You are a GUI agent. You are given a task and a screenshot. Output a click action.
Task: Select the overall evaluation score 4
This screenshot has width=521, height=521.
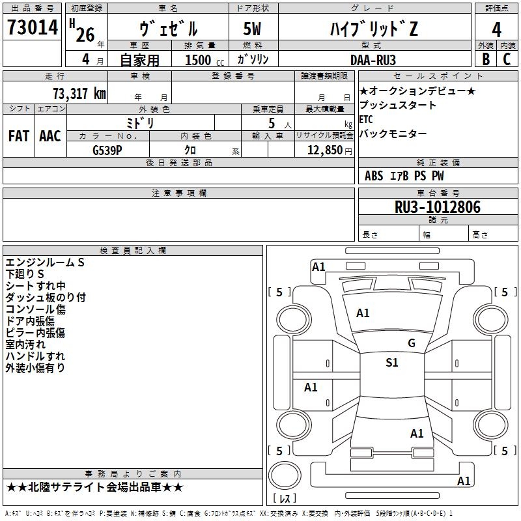point(496,29)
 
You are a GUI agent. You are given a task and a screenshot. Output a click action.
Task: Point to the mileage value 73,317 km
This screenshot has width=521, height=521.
point(79,93)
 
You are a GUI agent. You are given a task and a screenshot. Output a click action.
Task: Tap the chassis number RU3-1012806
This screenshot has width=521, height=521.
point(438,207)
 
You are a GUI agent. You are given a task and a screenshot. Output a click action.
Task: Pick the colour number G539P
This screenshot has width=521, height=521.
point(107,150)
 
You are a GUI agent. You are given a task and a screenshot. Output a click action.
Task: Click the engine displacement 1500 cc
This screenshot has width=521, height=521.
point(198,60)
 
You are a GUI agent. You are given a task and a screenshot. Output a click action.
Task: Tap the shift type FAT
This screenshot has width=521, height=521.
point(19,136)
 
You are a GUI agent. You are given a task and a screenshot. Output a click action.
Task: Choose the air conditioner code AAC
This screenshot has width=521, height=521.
point(50,136)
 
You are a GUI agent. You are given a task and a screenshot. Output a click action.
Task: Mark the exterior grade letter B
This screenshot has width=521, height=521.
point(485,59)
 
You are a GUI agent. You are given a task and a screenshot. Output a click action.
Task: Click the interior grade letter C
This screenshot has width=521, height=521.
point(507,59)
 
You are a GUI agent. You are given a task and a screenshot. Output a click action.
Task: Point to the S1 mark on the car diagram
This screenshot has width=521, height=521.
point(391,363)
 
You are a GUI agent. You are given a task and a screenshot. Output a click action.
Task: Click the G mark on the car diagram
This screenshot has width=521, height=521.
point(411,343)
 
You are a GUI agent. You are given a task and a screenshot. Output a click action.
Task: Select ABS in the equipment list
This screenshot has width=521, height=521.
point(374,176)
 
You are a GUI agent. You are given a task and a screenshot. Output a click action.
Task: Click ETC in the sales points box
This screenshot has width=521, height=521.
point(366,120)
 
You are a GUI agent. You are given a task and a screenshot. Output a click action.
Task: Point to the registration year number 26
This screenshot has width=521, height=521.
point(85,35)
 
